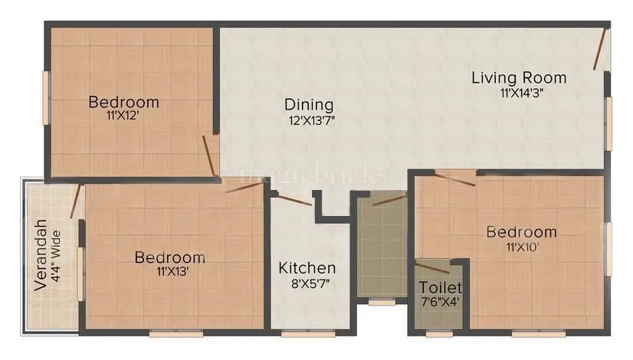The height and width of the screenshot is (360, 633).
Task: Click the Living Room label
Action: [519, 77]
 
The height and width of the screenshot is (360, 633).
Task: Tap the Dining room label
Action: [309, 104]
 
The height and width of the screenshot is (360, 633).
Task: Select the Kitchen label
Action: [307, 268]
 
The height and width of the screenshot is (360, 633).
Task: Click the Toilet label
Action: [440, 287]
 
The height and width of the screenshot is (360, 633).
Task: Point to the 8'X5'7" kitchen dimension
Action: [307, 285]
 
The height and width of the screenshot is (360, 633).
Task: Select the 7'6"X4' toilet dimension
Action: [440, 302]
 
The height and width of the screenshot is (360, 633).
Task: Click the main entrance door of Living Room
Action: [601, 49]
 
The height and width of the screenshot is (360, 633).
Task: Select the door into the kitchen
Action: [292, 201]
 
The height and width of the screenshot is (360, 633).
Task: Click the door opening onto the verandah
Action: [75, 201]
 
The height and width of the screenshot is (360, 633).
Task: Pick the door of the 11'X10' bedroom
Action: [454, 178]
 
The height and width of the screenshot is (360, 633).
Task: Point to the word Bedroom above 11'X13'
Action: [169, 257]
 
